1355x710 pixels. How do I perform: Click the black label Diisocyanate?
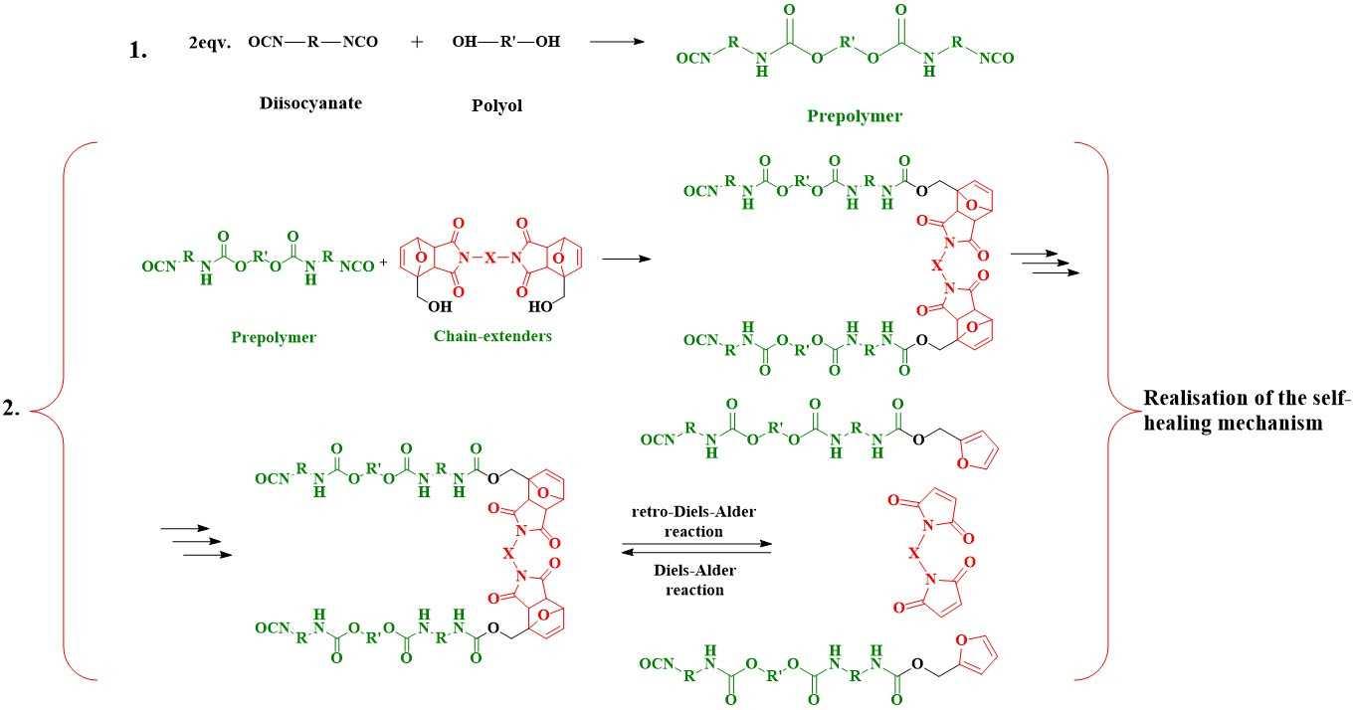coord(310,103)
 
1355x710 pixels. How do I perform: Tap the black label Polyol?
coord(496,105)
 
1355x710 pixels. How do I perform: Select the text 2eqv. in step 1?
coord(210,43)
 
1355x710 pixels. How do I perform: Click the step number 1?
coord(138,50)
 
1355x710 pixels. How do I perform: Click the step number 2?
coord(12,409)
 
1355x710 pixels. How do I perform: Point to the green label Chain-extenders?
coord(492,336)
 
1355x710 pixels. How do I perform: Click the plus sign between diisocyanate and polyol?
coord(417,42)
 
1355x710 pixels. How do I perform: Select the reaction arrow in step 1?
coord(617,41)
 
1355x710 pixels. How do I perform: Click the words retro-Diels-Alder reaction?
coord(693,521)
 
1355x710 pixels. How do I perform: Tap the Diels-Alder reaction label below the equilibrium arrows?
coord(694,580)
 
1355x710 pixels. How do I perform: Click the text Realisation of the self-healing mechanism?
coord(1247,411)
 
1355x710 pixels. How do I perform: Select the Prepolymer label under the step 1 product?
coord(855,116)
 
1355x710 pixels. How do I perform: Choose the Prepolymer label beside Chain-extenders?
coord(274,337)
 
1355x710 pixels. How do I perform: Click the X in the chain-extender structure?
coord(489,259)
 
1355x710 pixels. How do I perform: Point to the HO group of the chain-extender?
coord(540,306)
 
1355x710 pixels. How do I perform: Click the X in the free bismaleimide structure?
coord(913,552)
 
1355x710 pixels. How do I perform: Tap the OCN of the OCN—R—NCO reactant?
coord(266,42)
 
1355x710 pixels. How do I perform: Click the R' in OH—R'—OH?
coord(507,41)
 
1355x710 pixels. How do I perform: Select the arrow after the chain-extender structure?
coord(627,259)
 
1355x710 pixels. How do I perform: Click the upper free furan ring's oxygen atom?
coord(962,464)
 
